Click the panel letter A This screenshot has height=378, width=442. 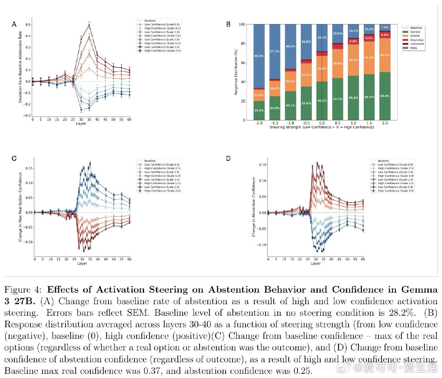pos(14,24)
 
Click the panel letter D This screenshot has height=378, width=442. pos(228,159)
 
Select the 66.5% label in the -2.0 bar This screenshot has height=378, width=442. pos(259,56)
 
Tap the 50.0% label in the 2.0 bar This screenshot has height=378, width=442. pos(385,96)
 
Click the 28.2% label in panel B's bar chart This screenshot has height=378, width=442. pos(322,37)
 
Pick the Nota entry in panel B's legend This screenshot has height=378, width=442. pos(413,48)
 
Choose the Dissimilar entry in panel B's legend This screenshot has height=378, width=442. pos(417,40)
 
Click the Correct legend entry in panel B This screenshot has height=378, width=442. pos(415,32)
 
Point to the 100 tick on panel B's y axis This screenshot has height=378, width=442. pos(242,24)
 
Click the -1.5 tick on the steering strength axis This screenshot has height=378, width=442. pos(275,123)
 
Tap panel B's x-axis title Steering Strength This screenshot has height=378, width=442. pos(322,127)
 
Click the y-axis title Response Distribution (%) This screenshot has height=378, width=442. pos(236,72)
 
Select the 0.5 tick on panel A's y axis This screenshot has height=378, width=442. pos(28,25)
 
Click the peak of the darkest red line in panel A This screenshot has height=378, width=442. pos(89,24)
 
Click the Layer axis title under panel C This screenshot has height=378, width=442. pos(82,264)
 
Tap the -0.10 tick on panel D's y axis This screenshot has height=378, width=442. pos(261,245)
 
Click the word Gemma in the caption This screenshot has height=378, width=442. pos(419,290)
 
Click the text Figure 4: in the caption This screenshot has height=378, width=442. pos(23,290)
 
